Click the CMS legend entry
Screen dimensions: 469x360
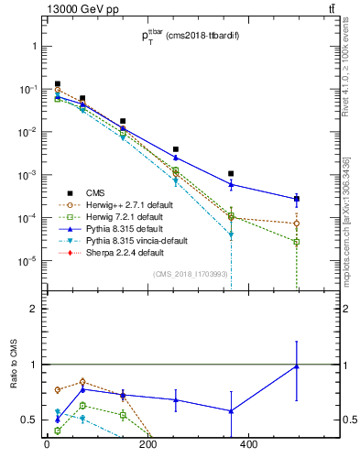[94, 192]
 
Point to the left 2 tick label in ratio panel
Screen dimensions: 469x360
[34, 309]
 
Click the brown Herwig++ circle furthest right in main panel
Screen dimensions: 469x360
[297, 224]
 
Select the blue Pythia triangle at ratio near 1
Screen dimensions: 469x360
[297, 366]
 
